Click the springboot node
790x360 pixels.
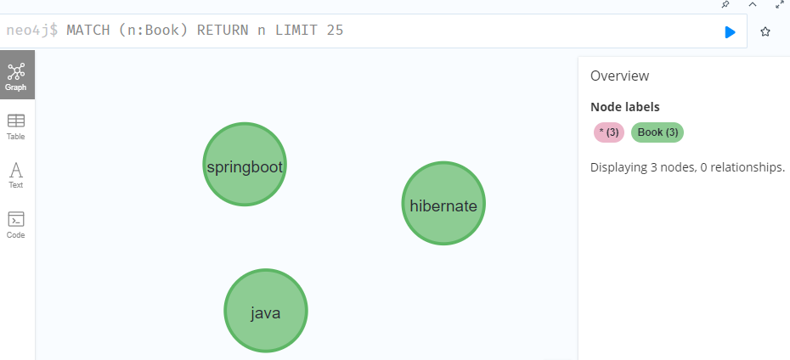(x=245, y=164)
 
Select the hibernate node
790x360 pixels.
(x=443, y=204)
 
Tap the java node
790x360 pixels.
(x=266, y=311)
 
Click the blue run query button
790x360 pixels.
(x=730, y=32)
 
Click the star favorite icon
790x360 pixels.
(x=765, y=31)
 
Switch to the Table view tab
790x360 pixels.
(x=15, y=127)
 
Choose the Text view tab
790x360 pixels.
(x=15, y=175)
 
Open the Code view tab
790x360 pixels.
(x=15, y=225)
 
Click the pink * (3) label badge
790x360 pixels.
(x=609, y=132)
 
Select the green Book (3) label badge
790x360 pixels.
(x=657, y=132)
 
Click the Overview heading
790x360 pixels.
(x=620, y=76)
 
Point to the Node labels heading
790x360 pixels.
(x=624, y=107)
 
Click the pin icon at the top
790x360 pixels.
(x=725, y=4)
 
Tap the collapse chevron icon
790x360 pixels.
(x=753, y=4)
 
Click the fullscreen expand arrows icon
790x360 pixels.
(x=780, y=4)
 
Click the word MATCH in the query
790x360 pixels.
(x=88, y=31)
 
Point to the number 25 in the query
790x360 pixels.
(x=335, y=31)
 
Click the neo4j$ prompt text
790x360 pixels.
(x=32, y=31)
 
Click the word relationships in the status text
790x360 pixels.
(x=747, y=167)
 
